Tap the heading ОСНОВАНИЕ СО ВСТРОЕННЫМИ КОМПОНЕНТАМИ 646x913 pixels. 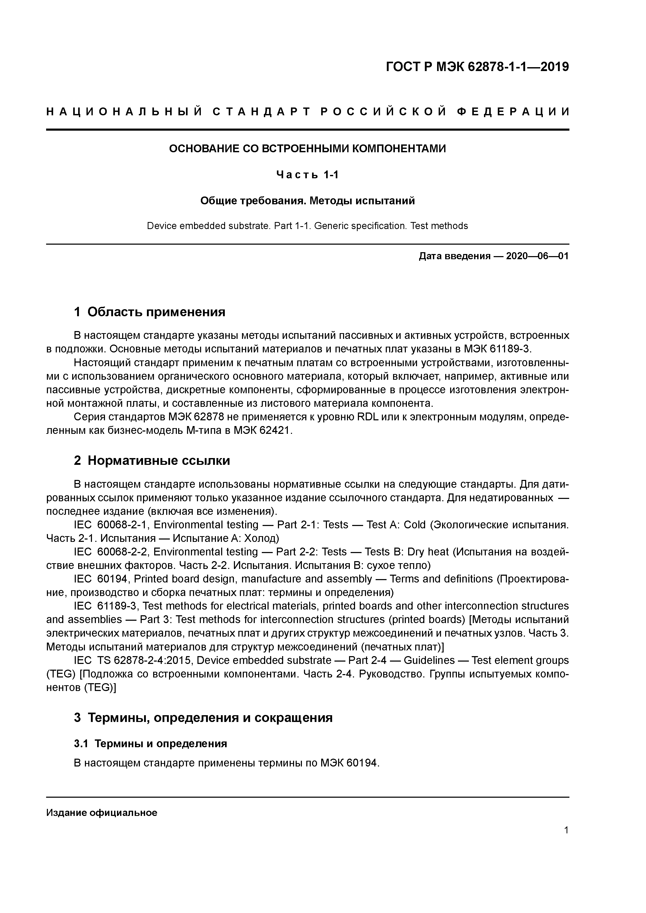pos(307,149)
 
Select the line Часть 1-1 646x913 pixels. pos(307,175)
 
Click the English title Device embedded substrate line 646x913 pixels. pos(307,226)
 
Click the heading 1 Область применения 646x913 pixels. pos(150,312)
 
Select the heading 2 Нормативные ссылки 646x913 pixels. pos(152,460)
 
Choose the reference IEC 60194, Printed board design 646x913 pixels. pos(159,579)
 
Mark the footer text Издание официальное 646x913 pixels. pos(102,813)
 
